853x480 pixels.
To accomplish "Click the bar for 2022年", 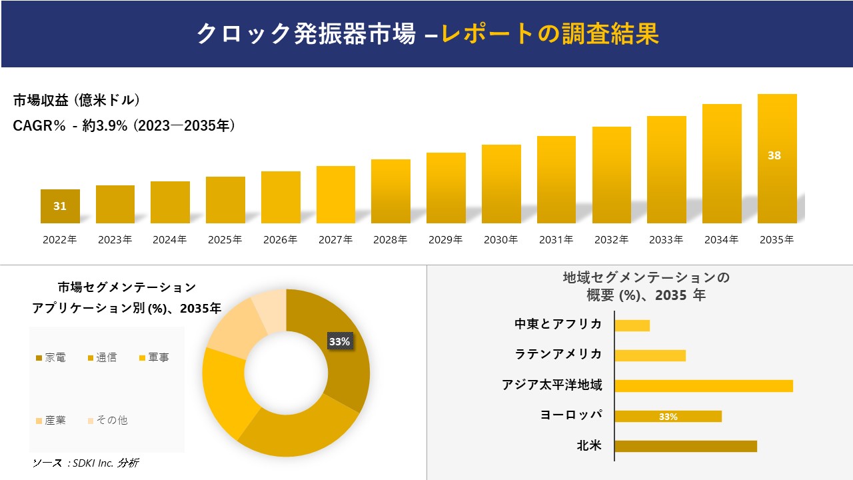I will [x=60, y=207].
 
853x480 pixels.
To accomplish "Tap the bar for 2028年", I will [x=391, y=191].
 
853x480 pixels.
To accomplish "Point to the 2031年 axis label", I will [x=556, y=240].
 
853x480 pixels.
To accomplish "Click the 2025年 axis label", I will [x=225, y=240].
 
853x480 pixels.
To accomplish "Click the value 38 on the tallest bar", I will [x=774, y=155].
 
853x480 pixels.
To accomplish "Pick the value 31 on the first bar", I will [x=60, y=206].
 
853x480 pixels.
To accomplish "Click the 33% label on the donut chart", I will [x=339, y=341].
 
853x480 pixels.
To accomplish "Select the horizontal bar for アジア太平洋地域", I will [x=704, y=385].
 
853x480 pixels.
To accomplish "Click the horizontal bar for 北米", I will [x=686, y=446].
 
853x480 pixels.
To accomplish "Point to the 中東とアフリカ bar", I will [x=632, y=325].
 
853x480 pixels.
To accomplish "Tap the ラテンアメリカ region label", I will [x=558, y=354].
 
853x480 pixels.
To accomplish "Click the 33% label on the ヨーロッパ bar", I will [x=668, y=417].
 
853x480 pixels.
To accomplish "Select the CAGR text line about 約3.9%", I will [x=124, y=125].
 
